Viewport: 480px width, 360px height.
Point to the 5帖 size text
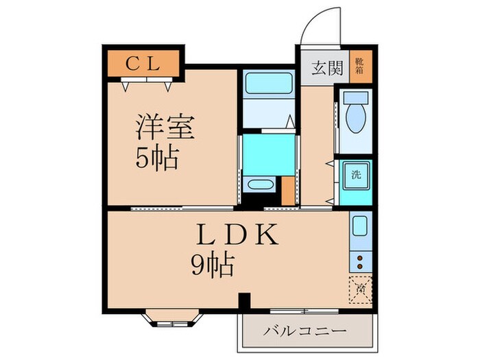pos(157,159)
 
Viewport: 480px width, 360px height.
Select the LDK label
pos(237,236)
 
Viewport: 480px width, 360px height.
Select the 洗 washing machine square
pos(357,175)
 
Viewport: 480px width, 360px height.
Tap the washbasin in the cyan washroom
pos(259,184)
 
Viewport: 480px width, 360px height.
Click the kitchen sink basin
pos(359,227)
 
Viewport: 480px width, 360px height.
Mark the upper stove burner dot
pos(359,258)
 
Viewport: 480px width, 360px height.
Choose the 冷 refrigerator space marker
pos(360,287)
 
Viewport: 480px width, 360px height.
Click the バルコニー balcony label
pos(305,331)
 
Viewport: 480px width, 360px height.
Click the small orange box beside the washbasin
pos(288,191)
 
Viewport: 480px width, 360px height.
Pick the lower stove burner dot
pos(359,267)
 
